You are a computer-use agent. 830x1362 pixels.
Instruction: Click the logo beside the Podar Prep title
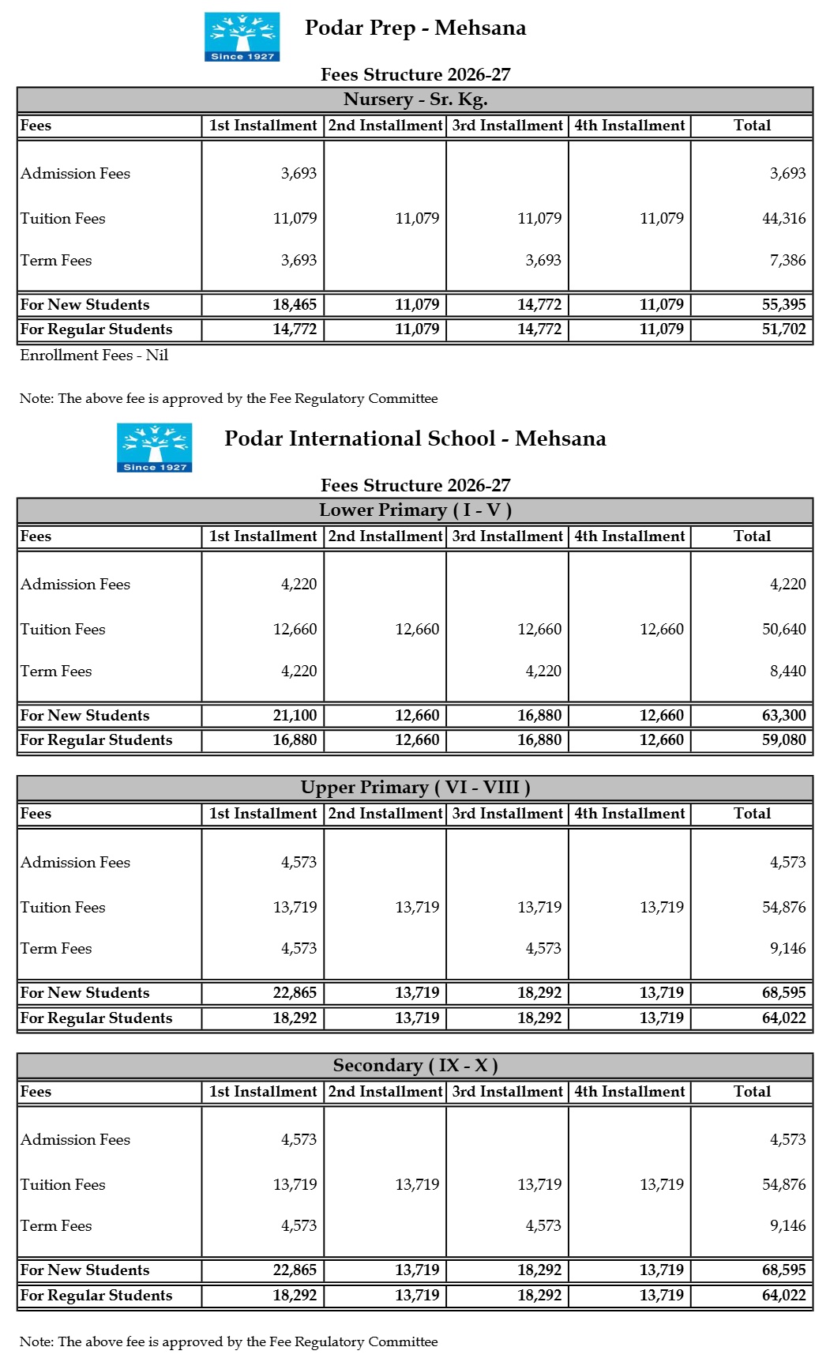point(242,36)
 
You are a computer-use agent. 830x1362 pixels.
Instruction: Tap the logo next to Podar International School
point(154,447)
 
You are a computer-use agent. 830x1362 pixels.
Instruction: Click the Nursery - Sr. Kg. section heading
point(415,100)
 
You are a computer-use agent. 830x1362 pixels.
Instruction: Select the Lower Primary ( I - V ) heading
point(415,510)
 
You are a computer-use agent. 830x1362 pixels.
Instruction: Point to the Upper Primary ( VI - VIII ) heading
point(415,788)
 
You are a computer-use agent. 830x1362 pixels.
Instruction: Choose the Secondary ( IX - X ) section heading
point(415,1066)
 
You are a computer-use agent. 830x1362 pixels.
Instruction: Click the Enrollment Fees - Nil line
point(94,356)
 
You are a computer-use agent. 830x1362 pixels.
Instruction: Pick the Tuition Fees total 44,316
point(783,219)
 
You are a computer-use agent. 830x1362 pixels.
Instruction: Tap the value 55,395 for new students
point(783,305)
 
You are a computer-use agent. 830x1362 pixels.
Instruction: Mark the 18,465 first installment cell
point(295,305)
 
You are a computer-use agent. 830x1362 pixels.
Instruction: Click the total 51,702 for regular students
point(783,329)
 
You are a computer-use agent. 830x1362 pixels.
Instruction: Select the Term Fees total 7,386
point(787,261)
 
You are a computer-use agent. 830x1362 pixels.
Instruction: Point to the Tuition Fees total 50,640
point(783,630)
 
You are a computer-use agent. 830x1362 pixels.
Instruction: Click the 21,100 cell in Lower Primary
point(295,716)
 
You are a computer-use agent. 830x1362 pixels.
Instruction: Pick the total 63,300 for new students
point(783,716)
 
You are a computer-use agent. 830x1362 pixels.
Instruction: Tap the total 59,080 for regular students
point(783,740)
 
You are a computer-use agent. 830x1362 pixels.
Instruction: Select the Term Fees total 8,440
point(787,672)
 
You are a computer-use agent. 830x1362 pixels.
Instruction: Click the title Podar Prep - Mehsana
point(415,28)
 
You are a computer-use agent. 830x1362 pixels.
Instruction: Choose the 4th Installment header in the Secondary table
point(629,1092)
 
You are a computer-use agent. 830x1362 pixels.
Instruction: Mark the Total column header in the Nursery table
point(752,126)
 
